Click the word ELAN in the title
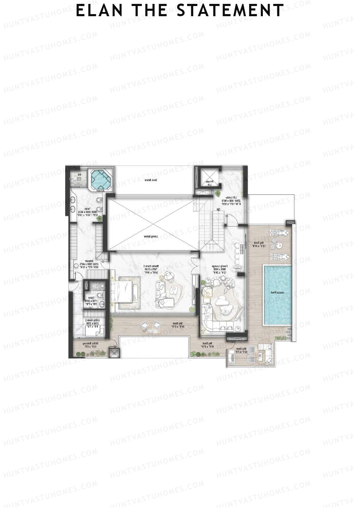(99, 11)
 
